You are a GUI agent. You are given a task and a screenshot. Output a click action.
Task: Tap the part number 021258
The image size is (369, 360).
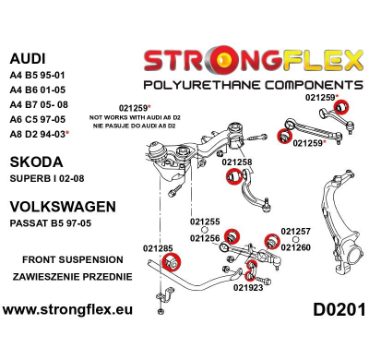click(x=237, y=162)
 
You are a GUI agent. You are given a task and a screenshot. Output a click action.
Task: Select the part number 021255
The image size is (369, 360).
click(x=205, y=222)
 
